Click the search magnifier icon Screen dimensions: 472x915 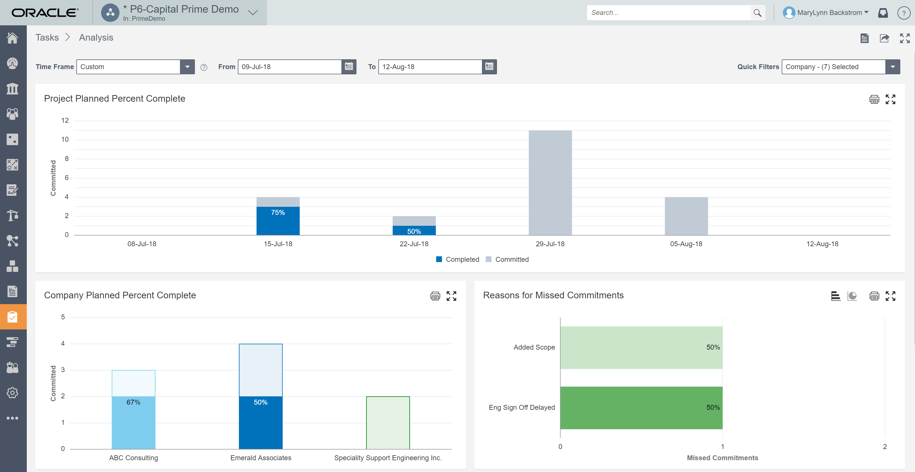pos(757,13)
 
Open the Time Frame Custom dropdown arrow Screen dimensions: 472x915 pos(187,67)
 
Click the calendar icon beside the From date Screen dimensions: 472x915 pos(349,67)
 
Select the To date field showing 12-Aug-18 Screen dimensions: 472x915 pos(430,67)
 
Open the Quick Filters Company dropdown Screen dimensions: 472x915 pos(892,67)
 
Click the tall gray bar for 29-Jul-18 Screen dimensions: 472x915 pos(550,183)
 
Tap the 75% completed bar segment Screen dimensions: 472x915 pos(278,221)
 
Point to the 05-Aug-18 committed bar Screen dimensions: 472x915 pos(686,216)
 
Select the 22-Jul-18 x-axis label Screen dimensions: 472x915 pos(414,244)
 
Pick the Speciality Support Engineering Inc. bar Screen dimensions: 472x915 pos(388,423)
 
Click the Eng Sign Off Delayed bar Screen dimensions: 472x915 pos(641,408)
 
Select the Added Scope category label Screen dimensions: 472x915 pos(534,347)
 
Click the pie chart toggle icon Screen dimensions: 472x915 pos(852,296)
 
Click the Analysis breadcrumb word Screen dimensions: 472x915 pos(96,38)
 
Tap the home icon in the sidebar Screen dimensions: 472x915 pos(13,38)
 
